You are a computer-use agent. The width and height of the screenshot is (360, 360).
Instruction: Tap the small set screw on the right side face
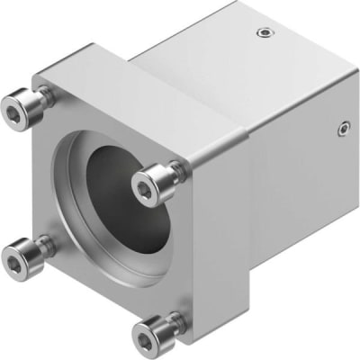pos(344,130)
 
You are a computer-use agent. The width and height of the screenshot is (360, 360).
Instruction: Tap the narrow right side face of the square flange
pos(234,243)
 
